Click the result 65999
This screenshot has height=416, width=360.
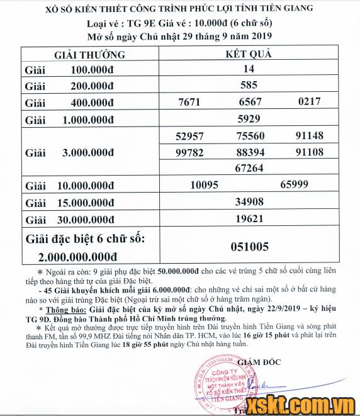tap(293, 185)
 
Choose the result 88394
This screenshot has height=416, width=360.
tap(250, 152)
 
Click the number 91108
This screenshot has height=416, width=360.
tap(309, 152)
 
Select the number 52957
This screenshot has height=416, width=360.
tap(192, 136)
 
